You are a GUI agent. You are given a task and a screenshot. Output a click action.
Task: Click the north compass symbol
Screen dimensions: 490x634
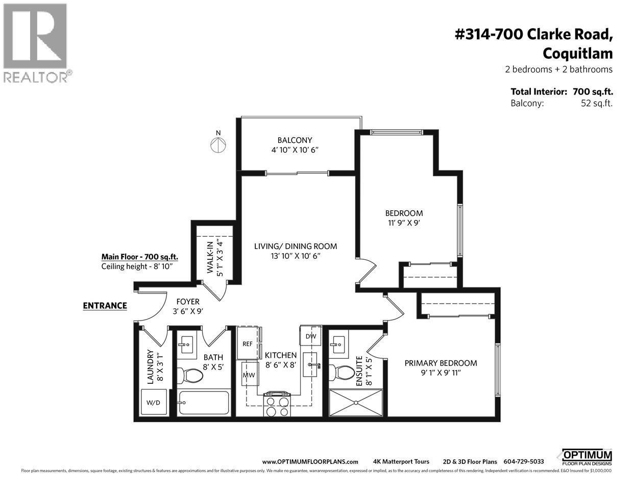pyautogui.click(x=218, y=144)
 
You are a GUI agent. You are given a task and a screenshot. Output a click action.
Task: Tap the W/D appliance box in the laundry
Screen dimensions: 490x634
pyautogui.click(x=153, y=402)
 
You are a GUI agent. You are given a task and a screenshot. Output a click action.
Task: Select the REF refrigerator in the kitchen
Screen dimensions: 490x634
pyautogui.click(x=248, y=344)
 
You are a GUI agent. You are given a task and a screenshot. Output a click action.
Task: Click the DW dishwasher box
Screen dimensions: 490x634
pyautogui.click(x=311, y=336)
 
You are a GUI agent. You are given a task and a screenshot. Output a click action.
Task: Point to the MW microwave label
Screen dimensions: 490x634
pyautogui.click(x=249, y=375)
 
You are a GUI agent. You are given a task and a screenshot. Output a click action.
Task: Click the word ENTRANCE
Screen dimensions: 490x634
pyautogui.click(x=105, y=306)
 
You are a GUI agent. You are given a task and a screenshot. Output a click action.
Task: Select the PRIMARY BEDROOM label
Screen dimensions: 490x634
pyautogui.click(x=441, y=363)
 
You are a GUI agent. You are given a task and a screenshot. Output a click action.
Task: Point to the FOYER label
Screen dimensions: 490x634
pyautogui.click(x=188, y=302)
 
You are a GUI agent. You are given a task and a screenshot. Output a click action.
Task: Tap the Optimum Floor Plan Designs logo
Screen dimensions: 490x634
pyautogui.click(x=587, y=456)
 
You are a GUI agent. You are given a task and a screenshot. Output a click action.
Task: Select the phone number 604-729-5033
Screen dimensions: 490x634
pyautogui.click(x=524, y=461)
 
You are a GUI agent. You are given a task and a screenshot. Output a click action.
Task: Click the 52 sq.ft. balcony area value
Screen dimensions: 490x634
pyautogui.click(x=593, y=103)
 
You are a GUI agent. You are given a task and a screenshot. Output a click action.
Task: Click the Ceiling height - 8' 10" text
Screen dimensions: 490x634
pyautogui.click(x=137, y=266)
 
